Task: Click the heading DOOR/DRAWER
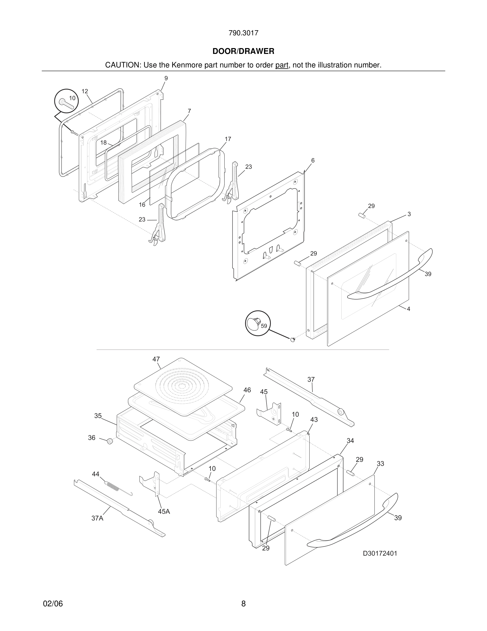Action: [243, 52]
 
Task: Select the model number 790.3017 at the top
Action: [243, 33]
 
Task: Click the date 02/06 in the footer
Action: [53, 604]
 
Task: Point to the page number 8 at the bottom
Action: [243, 604]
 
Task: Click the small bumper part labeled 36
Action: [110, 441]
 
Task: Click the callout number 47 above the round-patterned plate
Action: [156, 359]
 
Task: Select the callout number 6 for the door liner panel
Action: [313, 161]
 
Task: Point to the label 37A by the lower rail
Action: [97, 518]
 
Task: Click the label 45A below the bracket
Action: [164, 511]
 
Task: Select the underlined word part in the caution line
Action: [282, 65]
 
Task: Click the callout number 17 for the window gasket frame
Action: [228, 139]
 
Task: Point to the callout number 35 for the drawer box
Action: [98, 416]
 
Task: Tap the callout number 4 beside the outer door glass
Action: [408, 309]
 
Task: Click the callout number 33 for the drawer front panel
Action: [380, 464]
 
